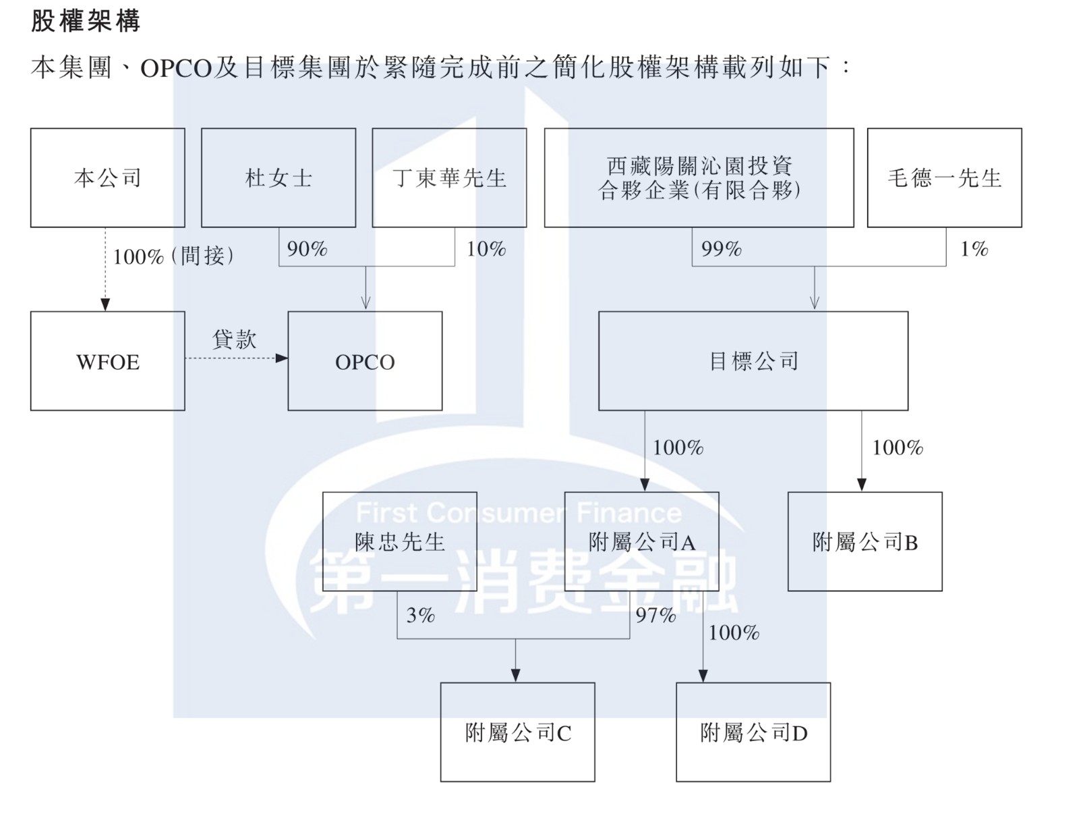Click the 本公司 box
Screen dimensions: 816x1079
(x=108, y=178)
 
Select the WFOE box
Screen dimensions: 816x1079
(x=108, y=361)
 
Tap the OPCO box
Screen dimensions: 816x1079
(x=365, y=361)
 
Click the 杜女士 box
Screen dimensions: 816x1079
(x=279, y=178)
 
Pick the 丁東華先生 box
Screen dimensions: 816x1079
(x=449, y=178)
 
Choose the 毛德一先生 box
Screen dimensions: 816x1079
(x=944, y=178)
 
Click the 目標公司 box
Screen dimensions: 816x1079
(x=753, y=361)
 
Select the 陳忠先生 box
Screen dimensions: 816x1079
(x=400, y=541)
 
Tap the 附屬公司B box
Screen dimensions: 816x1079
(x=865, y=541)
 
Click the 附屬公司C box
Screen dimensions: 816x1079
(x=518, y=732)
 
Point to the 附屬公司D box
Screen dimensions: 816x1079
(x=753, y=732)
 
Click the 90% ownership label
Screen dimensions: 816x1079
(x=308, y=249)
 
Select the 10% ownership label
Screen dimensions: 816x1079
(x=486, y=249)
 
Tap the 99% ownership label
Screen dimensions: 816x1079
(x=722, y=249)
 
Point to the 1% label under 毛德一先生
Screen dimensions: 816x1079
(x=974, y=249)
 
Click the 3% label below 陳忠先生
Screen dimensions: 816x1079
(x=421, y=615)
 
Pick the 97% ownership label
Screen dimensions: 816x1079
(x=655, y=615)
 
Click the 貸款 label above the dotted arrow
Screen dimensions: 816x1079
(x=234, y=339)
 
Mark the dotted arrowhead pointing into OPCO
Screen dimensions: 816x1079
(x=281, y=358)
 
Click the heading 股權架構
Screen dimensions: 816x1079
(x=86, y=21)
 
